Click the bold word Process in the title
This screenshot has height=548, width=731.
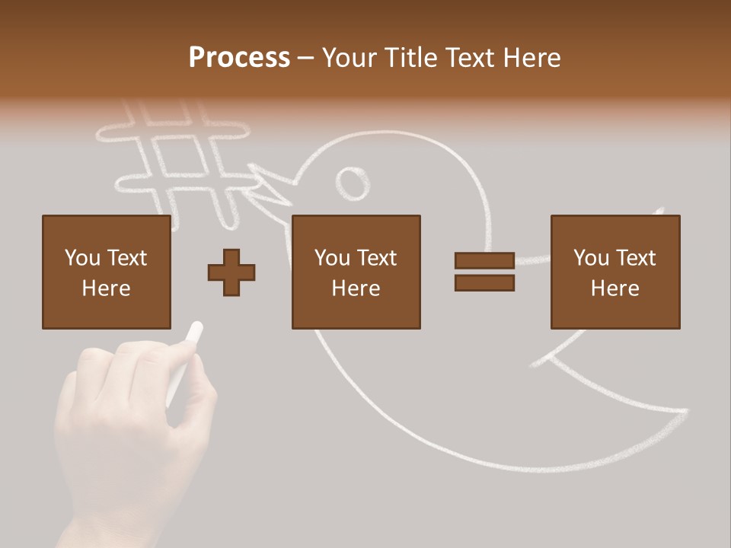tap(239, 58)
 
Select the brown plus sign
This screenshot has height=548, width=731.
tap(231, 272)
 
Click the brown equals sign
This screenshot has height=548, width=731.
tap(484, 272)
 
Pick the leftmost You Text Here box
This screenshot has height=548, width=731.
tap(106, 272)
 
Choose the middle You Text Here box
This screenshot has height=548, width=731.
tap(356, 272)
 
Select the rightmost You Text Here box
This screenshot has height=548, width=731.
tap(614, 272)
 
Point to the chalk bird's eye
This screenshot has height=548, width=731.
tap(353, 183)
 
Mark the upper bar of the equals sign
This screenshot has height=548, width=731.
tap(484, 260)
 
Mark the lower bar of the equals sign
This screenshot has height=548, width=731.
tap(484, 282)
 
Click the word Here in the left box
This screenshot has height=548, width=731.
tap(106, 288)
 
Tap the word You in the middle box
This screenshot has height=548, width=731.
tap(332, 258)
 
